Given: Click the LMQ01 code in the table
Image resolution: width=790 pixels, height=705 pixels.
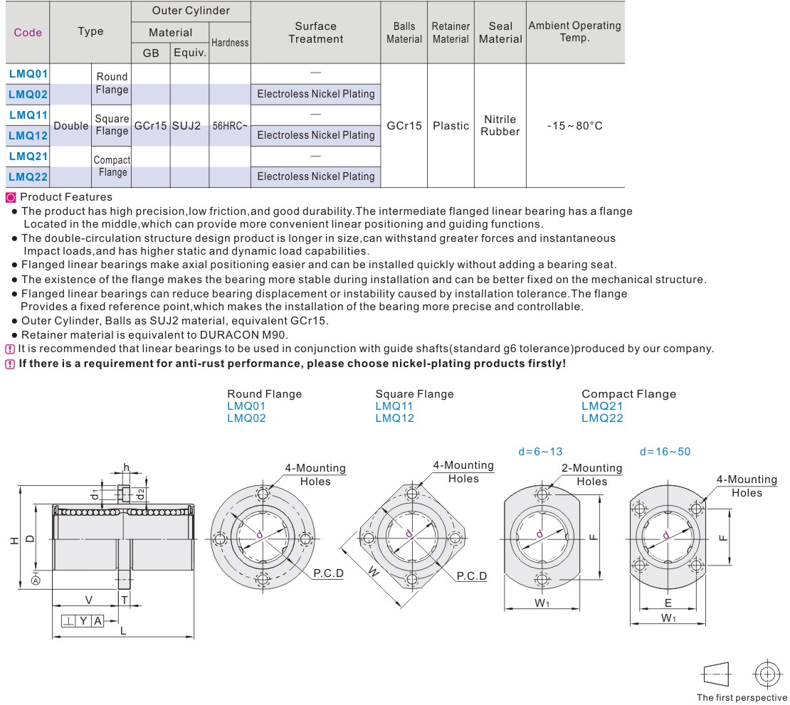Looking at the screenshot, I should pyautogui.click(x=28, y=73).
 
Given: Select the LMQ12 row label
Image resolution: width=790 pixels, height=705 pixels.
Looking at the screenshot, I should pyautogui.click(x=28, y=134).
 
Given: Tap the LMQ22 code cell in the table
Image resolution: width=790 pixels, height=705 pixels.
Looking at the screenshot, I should pyautogui.click(x=28, y=176).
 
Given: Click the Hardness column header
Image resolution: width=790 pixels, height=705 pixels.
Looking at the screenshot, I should pyautogui.click(x=230, y=43).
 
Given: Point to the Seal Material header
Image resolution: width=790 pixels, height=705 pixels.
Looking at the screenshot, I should pyautogui.click(x=500, y=32).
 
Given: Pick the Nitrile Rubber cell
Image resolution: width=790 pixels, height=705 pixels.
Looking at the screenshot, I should pyautogui.click(x=500, y=125).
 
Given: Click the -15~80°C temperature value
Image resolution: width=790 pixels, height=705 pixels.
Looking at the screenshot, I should pyautogui.click(x=575, y=126).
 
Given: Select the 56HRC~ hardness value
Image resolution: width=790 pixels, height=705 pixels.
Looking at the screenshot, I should pyautogui.click(x=230, y=126).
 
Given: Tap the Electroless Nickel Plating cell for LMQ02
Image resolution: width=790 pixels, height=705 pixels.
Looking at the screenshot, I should pyautogui.click(x=316, y=94).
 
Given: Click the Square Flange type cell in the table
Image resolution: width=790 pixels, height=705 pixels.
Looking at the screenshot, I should pyautogui.click(x=112, y=124).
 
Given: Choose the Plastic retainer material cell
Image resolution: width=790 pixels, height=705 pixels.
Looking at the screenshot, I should pyautogui.click(x=451, y=126).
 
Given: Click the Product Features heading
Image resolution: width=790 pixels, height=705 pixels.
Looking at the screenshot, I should pyautogui.click(x=65, y=197).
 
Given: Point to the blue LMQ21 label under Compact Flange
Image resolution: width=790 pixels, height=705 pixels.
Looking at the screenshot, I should pyautogui.click(x=602, y=406).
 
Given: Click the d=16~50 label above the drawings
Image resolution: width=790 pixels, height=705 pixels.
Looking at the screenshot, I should pyautogui.click(x=665, y=451).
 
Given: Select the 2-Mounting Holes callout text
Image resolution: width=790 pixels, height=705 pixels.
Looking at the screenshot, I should pyautogui.click(x=591, y=475).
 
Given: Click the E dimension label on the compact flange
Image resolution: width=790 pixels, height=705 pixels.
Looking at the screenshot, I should pyautogui.click(x=668, y=603).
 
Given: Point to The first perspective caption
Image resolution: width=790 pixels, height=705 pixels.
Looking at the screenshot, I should pyautogui.click(x=742, y=697).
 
